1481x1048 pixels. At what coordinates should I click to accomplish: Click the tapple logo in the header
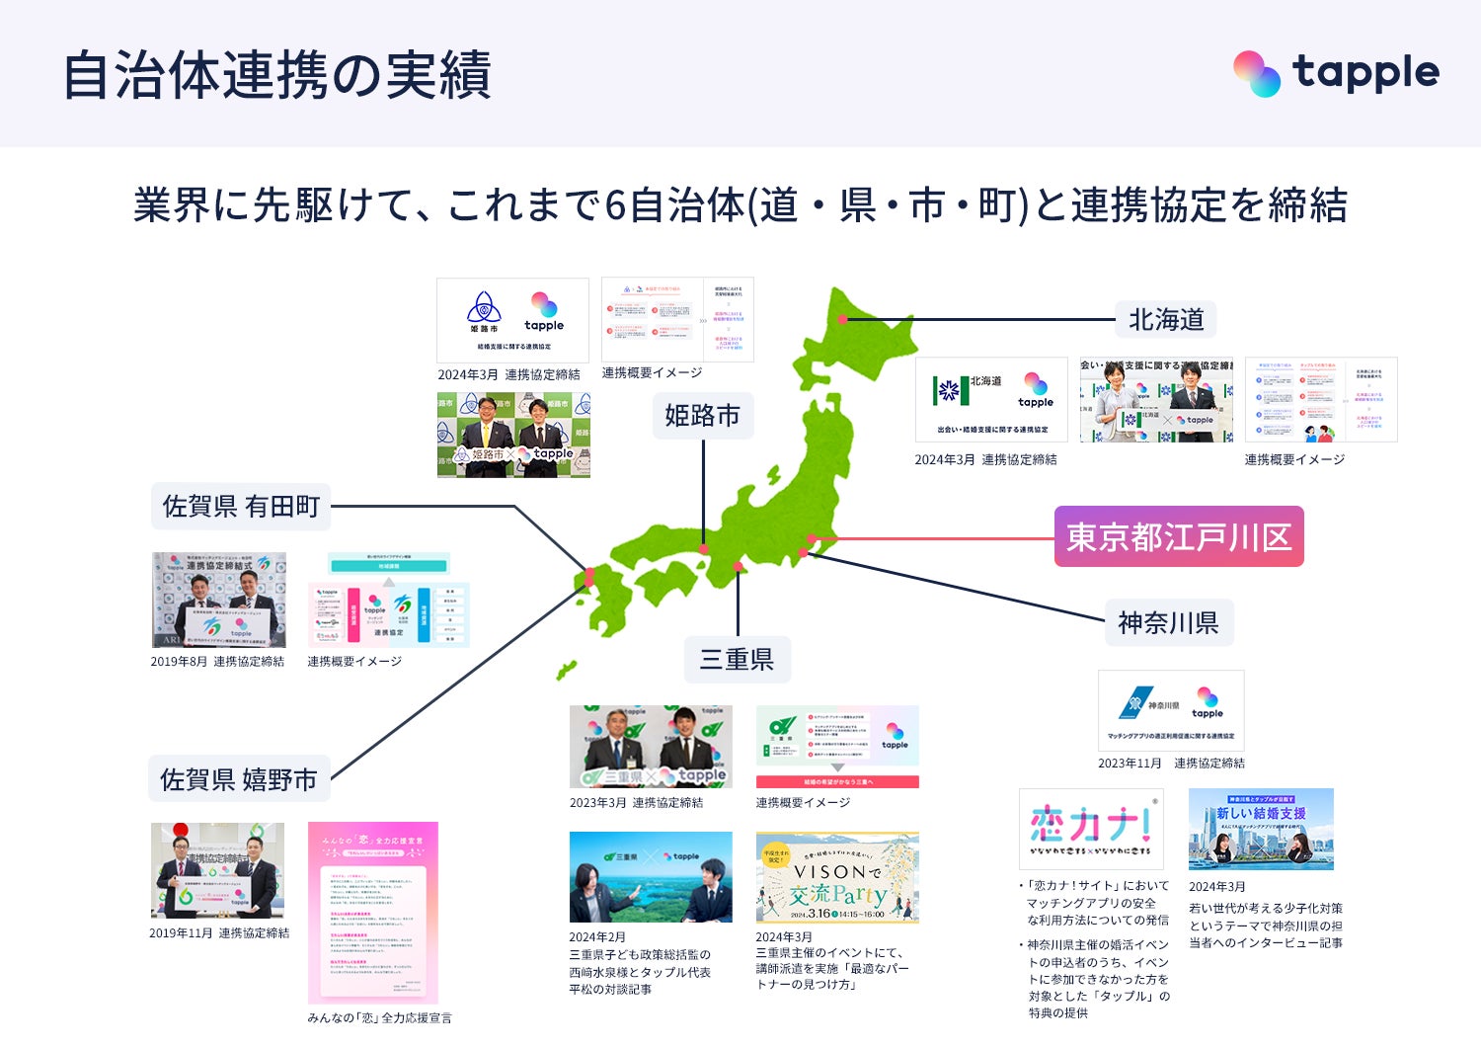click(1336, 73)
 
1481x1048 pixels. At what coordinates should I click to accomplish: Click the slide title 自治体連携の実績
click(276, 75)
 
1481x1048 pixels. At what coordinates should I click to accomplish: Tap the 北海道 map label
click(1166, 320)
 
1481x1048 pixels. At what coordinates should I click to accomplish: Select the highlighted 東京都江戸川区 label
click(1179, 536)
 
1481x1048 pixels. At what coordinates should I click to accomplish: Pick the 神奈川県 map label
click(1168, 622)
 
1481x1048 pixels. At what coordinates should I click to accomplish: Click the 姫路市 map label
click(702, 416)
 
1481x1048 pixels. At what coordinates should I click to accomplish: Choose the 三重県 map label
click(737, 659)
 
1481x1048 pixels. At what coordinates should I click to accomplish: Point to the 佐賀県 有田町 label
click(241, 507)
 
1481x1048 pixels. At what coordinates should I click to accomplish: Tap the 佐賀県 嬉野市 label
click(239, 779)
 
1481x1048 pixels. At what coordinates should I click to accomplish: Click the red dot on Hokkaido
click(842, 319)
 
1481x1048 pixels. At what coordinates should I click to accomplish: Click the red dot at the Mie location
click(738, 566)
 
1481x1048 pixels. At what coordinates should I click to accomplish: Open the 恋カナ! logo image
click(1091, 829)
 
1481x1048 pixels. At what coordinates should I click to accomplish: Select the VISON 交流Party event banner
click(837, 877)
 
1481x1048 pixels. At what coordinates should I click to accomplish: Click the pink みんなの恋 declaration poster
click(372, 913)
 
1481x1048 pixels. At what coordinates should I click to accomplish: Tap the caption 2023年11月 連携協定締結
click(1171, 763)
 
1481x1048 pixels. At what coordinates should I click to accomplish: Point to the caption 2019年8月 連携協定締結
click(217, 662)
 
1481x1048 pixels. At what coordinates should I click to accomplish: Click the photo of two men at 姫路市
click(513, 435)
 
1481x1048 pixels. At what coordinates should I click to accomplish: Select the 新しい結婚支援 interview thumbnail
click(1261, 829)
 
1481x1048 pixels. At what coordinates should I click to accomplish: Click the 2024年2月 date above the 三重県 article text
click(597, 937)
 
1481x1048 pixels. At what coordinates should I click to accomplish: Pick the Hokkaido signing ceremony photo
click(1156, 399)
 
